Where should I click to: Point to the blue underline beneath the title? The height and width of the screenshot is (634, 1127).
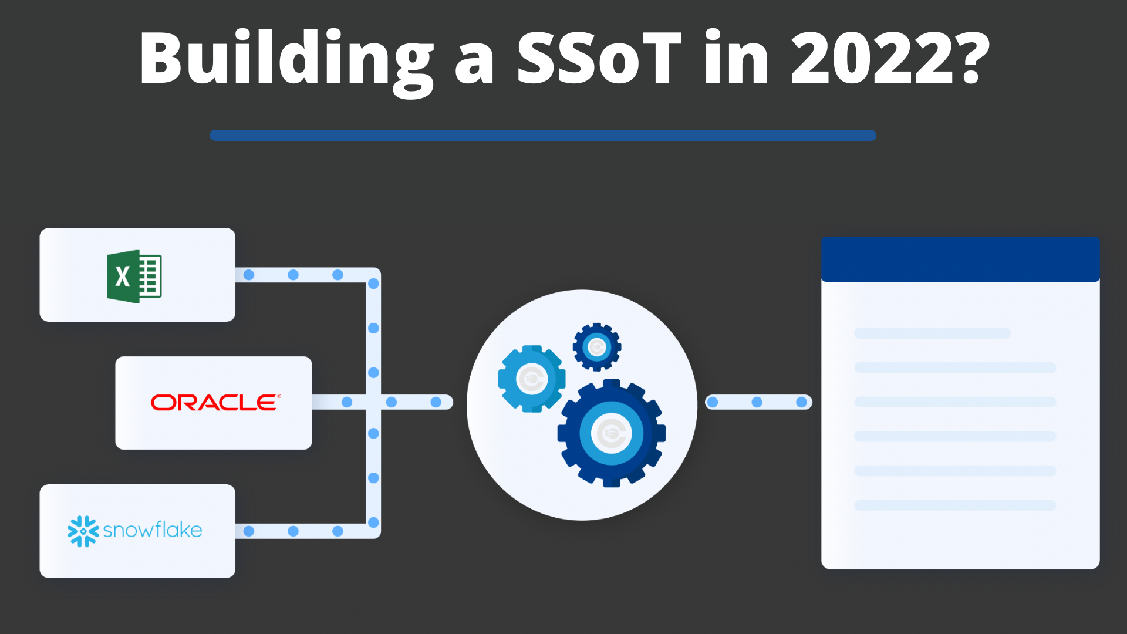543,135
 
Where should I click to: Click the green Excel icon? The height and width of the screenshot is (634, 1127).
134,276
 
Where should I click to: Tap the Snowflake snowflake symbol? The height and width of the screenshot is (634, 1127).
83,531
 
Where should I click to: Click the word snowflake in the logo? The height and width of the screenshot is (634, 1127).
153,530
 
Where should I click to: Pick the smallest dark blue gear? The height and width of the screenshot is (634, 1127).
597,347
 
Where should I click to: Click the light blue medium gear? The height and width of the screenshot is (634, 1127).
532,379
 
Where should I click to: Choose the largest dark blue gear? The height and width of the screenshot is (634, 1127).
612,434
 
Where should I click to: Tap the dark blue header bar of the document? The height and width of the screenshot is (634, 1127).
960,259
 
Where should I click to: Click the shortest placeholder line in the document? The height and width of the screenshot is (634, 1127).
932,333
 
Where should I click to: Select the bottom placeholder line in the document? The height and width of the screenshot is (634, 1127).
955,505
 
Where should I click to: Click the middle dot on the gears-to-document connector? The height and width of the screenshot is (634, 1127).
757,402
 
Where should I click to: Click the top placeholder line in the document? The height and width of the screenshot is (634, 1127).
932,333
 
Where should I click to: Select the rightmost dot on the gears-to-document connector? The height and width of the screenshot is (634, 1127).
802,402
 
